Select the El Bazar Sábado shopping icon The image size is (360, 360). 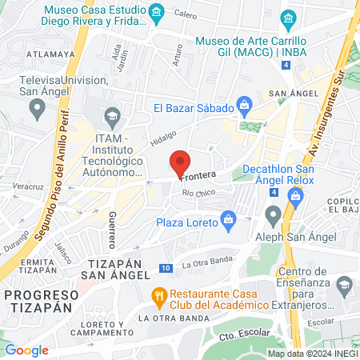[245, 103]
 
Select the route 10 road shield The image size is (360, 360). [165, 268]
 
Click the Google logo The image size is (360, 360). [26, 350]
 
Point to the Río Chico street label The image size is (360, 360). [199, 194]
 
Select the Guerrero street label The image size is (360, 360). [114, 228]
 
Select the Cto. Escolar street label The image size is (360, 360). [254, 334]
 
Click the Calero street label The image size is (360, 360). [185, 14]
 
